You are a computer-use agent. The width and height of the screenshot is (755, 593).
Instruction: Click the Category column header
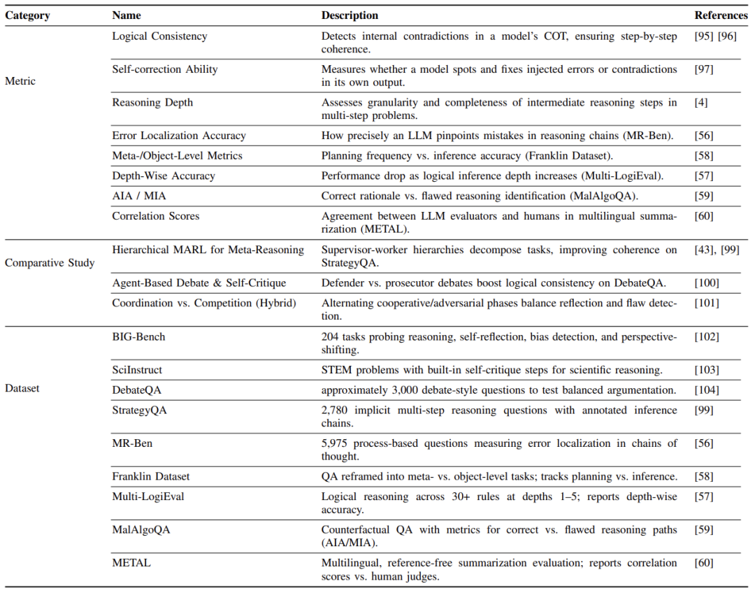click(x=28, y=15)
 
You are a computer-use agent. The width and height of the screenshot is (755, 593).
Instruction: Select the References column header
click(x=720, y=15)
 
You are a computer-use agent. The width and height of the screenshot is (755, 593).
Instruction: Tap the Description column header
click(x=350, y=15)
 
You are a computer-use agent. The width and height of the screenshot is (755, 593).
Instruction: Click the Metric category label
click(x=20, y=81)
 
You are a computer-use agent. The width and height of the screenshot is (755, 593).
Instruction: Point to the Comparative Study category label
click(x=50, y=264)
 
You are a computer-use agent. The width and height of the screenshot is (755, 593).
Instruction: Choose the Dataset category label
click(x=22, y=388)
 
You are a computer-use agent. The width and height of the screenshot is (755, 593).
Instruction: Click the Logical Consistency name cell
click(x=159, y=36)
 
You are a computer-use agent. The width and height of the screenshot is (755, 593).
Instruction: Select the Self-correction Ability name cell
click(x=164, y=69)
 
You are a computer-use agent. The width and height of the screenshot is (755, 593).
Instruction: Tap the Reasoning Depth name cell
click(x=152, y=102)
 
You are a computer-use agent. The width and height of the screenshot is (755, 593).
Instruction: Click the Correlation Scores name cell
click(x=155, y=216)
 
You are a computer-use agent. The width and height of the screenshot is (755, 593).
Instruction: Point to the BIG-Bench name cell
click(x=138, y=337)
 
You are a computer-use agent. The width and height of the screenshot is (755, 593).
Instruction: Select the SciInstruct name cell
click(x=137, y=370)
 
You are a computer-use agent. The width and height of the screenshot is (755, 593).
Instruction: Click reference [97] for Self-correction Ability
click(x=704, y=69)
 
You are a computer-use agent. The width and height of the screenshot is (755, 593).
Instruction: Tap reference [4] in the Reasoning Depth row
click(x=701, y=102)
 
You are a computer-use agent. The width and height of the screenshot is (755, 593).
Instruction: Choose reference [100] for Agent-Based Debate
click(x=707, y=283)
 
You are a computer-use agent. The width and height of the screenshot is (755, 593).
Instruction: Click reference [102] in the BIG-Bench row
click(x=707, y=337)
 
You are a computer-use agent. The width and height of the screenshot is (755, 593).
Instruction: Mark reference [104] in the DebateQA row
click(x=707, y=390)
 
